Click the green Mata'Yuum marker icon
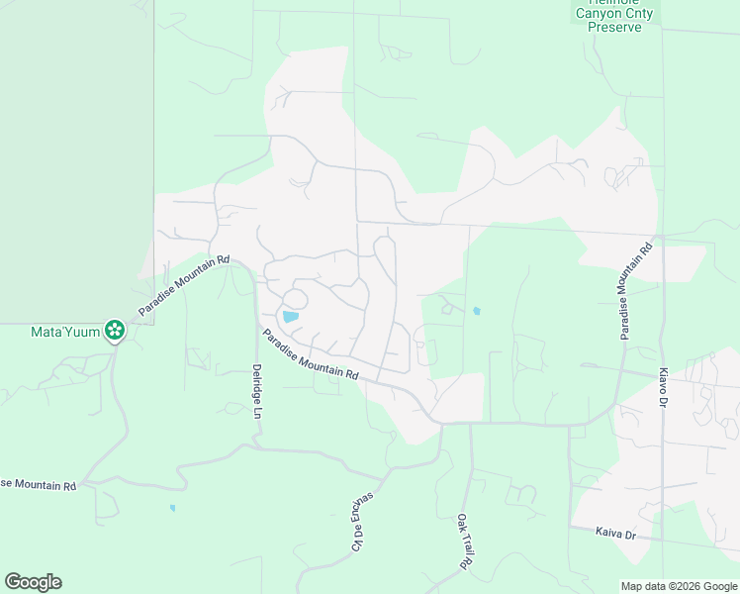[x=116, y=330]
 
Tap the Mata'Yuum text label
[x=66, y=332]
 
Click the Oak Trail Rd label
[x=462, y=541]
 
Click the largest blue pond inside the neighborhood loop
[x=290, y=317]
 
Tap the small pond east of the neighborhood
[x=477, y=311]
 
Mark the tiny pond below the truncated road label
[x=172, y=508]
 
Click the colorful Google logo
[x=33, y=582]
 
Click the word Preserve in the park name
[x=614, y=27]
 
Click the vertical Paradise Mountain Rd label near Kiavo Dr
[x=637, y=290]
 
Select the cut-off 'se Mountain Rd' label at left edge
[x=39, y=484]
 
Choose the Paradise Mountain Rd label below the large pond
[x=311, y=355]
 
